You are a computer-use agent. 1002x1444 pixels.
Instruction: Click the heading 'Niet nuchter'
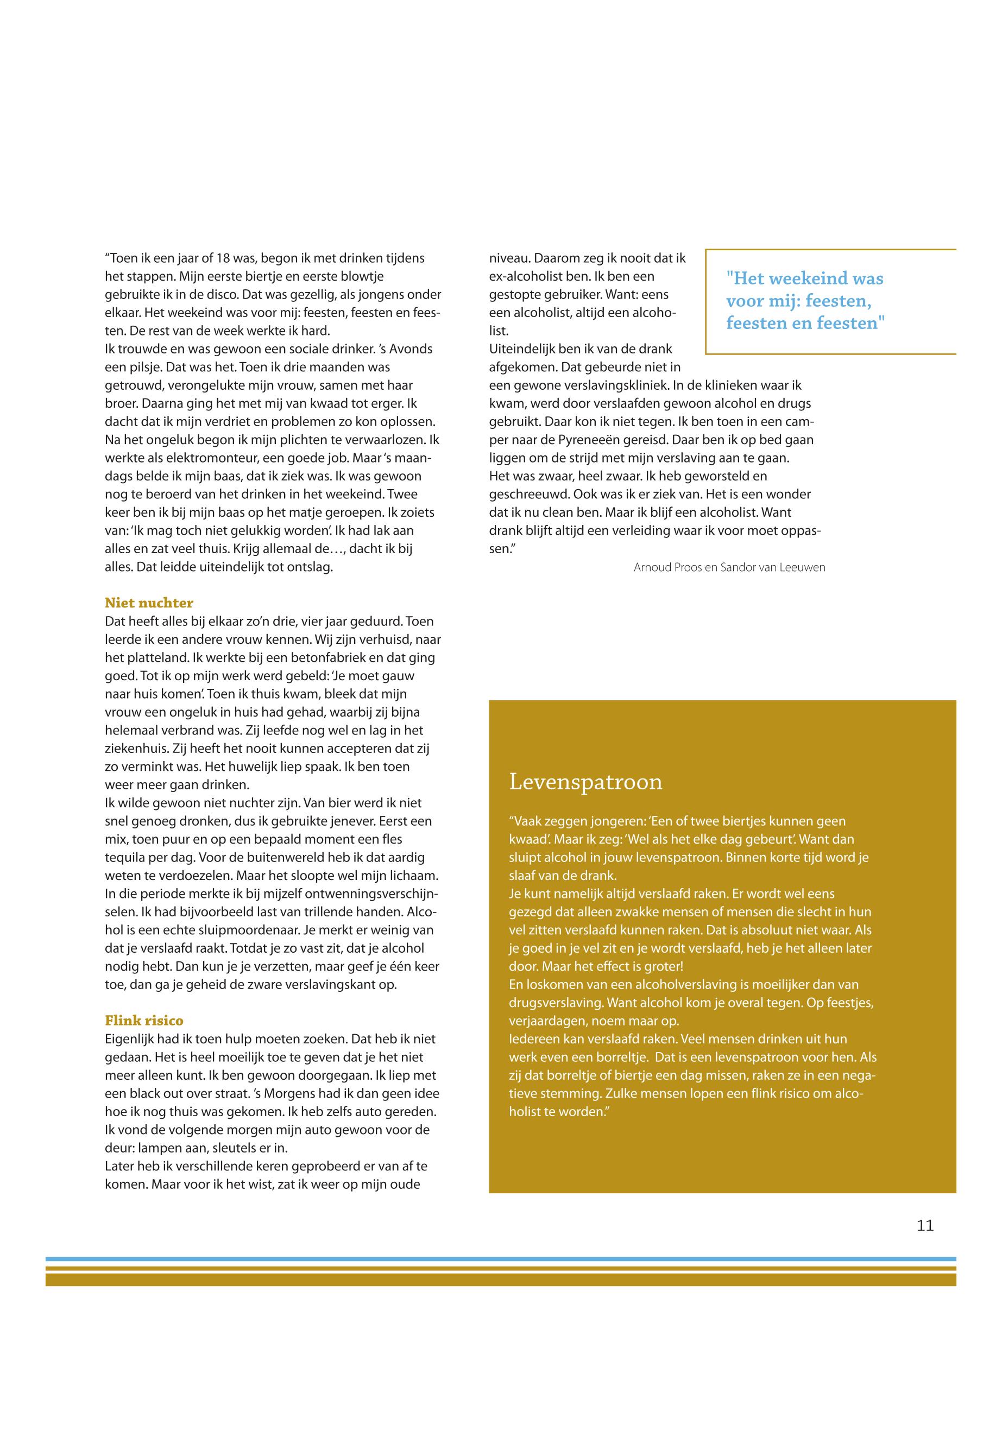tap(149, 603)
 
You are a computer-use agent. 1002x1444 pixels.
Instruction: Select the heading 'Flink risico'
tap(144, 1021)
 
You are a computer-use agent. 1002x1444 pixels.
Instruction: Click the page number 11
tap(925, 1226)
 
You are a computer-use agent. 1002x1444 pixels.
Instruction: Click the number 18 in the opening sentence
tap(222, 258)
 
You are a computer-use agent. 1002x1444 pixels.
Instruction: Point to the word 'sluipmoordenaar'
tap(217, 930)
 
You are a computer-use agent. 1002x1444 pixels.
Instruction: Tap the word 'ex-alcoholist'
tap(526, 276)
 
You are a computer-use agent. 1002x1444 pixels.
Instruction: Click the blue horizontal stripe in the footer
tap(500, 1259)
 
